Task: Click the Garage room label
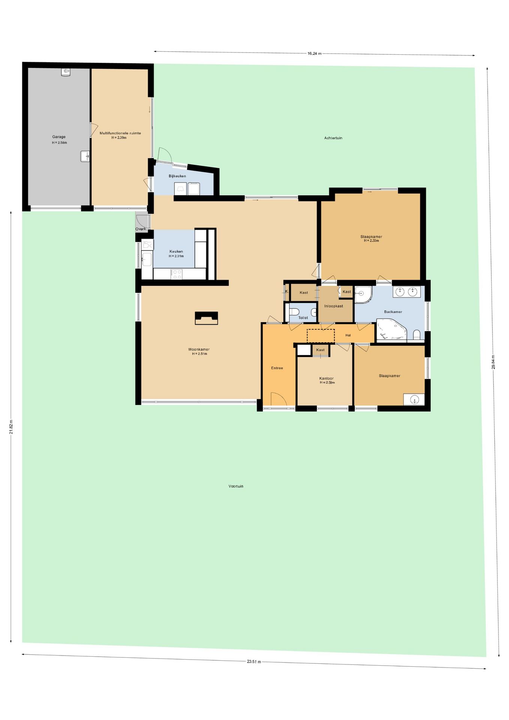click(59, 137)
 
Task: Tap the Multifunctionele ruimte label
click(120, 133)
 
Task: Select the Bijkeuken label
click(177, 176)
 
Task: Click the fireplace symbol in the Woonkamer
click(206, 318)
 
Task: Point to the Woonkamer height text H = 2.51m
click(200, 354)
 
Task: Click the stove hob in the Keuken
click(177, 274)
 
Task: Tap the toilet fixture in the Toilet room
click(294, 312)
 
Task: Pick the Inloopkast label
click(334, 306)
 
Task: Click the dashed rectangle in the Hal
click(320, 336)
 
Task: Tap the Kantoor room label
click(326, 378)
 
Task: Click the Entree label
click(277, 368)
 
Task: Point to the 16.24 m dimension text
click(314, 54)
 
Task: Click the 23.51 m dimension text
click(254, 661)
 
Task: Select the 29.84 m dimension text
click(493, 362)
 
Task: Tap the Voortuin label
click(236, 486)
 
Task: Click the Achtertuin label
click(333, 138)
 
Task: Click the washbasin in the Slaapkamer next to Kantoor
click(414, 400)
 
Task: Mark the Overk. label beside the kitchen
click(141, 229)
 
